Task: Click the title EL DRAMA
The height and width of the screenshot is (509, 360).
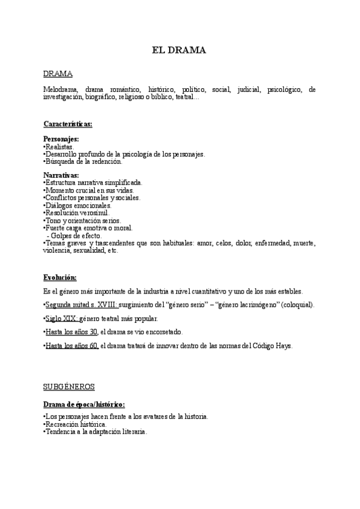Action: (179, 50)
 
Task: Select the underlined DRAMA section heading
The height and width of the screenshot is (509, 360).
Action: (58, 73)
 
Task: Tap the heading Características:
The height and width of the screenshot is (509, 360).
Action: (67, 124)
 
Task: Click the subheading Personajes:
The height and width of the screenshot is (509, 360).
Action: (61, 139)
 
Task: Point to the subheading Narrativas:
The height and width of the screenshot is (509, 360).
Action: (61, 175)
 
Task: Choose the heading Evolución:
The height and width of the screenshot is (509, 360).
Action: (60, 277)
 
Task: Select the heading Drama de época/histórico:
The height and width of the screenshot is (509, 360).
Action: (84, 404)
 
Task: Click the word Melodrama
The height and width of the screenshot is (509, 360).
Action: (61, 89)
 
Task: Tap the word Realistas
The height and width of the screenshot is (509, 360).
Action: (60, 146)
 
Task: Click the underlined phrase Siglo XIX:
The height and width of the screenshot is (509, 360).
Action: (62, 318)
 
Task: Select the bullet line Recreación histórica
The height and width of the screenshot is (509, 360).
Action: (76, 424)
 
